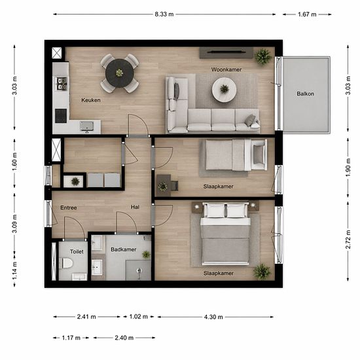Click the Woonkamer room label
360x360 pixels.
click(x=226, y=69)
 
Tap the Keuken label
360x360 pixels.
click(x=91, y=100)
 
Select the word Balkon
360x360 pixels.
click(x=306, y=94)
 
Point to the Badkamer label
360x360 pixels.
click(x=124, y=249)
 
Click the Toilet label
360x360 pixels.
click(x=77, y=251)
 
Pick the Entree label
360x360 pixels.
click(x=69, y=207)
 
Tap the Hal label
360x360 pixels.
click(x=135, y=207)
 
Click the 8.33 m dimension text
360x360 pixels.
click(x=164, y=14)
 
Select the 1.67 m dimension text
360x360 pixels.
click(x=307, y=14)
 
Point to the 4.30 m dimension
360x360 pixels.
click(x=213, y=317)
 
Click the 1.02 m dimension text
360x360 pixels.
click(x=139, y=317)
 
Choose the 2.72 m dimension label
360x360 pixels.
click(x=348, y=239)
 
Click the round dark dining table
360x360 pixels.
click(x=119, y=73)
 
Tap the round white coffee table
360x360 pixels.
click(x=224, y=90)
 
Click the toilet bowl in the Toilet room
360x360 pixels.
click(x=67, y=263)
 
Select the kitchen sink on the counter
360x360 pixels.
click(x=86, y=126)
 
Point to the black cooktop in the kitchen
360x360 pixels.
click(x=61, y=116)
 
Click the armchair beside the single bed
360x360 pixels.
click(x=259, y=155)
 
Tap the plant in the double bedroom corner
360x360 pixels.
click(x=262, y=272)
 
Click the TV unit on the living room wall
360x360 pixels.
click(x=226, y=53)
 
